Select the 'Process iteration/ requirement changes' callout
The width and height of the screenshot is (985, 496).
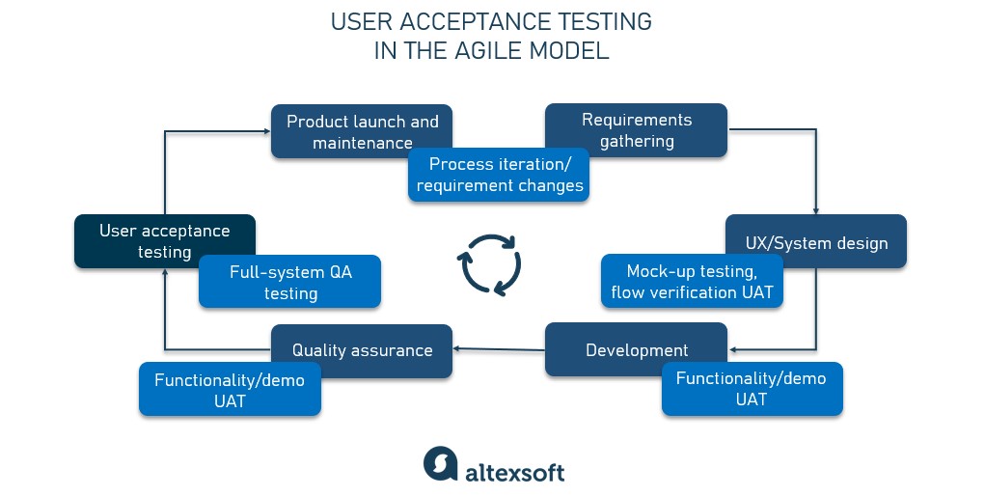pyautogui.click(x=499, y=175)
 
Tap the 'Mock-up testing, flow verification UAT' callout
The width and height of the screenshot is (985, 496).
pyautogui.click(x=692, y=281)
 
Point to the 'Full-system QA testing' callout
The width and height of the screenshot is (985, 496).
pyautogui.click(x=289, y=282)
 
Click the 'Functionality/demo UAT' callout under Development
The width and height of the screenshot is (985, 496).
pyautogui.click(x=752, y=389)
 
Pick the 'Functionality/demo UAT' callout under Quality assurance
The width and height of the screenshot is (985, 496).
pyautogui.click(x=230, y=389)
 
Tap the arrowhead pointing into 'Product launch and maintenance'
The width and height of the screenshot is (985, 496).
pyautogui.click(x=267, y=131)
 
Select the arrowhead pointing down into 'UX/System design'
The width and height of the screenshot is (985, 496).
pyautogui.click(x=816, y=210)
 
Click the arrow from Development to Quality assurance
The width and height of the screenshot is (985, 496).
pyautogui.click(x=499, y=349)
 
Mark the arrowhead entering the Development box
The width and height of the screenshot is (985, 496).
pyautogui.click(x=732, y=349)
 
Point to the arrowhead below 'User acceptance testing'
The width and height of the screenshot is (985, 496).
pyautogui.click(x=165, y=273)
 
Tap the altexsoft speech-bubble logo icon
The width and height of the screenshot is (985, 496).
pyautogui.click(x=440, y=464)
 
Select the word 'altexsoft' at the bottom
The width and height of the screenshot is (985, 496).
pyautogui.click(x=514, y=472)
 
